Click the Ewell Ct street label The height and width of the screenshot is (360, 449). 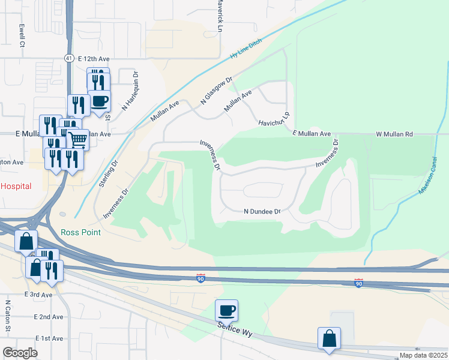point(22,35)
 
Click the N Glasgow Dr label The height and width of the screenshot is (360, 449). point(216,91)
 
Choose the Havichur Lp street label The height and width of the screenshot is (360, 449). point(274,119)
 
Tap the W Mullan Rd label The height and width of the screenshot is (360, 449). point(394,134)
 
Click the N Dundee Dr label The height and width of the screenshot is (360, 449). point(262,212)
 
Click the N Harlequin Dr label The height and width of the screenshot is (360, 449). point(130,92)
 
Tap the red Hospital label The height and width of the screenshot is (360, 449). point(16,187)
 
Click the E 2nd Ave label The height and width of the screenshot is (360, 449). point(49,317)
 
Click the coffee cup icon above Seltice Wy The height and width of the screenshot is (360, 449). point(226,311)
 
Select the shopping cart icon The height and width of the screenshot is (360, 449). point(77,140)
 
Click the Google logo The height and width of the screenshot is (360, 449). point(20,353)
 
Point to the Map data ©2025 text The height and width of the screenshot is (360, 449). point(423,355)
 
